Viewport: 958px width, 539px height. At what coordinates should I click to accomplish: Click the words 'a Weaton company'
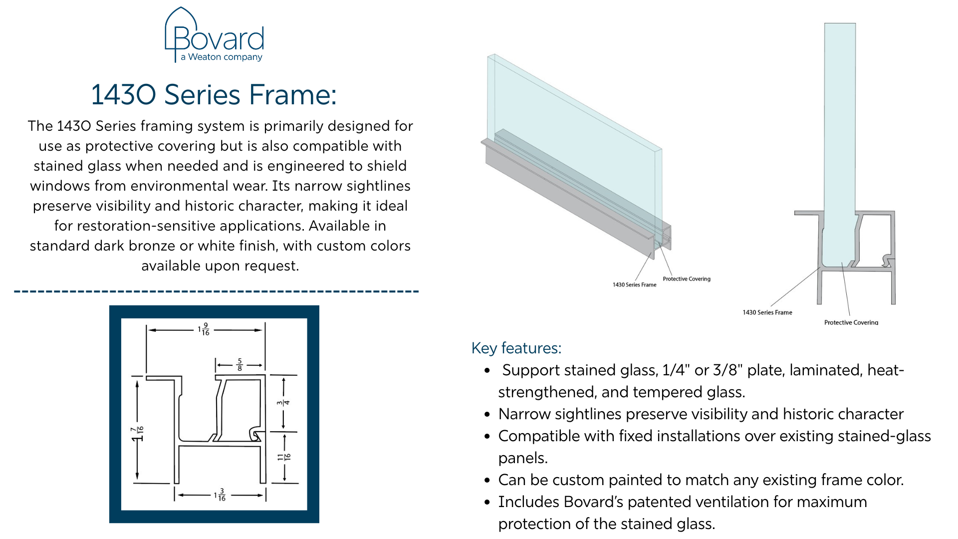point(222,57)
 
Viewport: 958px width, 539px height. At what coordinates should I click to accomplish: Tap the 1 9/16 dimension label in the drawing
point(204,329)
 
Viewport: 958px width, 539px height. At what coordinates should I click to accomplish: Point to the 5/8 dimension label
point(239,365)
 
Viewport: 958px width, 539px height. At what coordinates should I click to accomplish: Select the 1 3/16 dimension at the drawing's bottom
point(220,495)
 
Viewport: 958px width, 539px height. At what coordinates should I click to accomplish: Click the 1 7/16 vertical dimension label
point(137,433)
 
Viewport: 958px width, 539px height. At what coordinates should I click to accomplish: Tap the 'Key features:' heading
point(516,348)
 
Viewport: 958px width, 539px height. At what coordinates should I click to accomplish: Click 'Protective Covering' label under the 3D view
point(686,279)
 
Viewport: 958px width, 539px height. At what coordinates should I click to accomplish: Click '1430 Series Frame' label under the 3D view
point(634,285)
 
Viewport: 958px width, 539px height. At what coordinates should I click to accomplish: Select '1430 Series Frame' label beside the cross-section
point(767,312)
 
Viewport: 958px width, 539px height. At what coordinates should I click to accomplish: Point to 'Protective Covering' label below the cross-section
point(851,322)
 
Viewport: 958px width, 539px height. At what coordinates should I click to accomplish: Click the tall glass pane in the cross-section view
point(840,125)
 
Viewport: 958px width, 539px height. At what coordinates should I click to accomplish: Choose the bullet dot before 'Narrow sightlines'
point(487,414)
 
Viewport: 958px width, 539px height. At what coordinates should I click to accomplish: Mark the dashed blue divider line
point(216,291)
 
